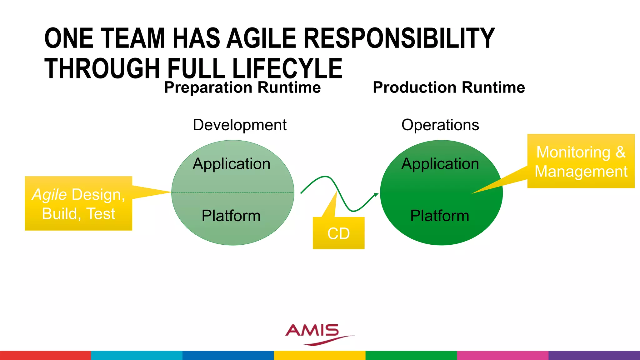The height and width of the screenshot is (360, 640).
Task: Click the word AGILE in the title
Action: click(x=261, y=38)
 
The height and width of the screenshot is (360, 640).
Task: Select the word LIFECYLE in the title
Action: click(x=287, y=68)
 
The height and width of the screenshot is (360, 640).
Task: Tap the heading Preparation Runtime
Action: click(x=242, y=87)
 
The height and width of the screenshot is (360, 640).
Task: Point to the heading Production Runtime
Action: click(x=449, y=87)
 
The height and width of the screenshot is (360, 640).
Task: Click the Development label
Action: click(x=239, y=125)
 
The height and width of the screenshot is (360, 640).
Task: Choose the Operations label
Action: click(x=440, y=125)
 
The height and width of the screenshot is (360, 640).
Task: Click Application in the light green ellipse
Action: click(x=232, y=164)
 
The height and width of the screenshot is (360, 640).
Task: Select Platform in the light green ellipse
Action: click(x=231, y=216)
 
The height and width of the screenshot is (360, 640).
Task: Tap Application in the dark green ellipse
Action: click(x=440, y=164)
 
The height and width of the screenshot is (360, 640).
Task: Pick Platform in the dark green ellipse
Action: click(x=440, y=216)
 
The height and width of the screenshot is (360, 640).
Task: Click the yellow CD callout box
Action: click(x=338, y=233)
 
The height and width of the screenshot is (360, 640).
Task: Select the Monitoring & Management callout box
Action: click(x=581, y=161)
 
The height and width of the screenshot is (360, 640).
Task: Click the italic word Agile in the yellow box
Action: click(x=49, y=195)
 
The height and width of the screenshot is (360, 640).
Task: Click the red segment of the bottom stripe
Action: click(x=45, y=355)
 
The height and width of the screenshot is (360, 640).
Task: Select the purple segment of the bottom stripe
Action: click(x=594, y=355)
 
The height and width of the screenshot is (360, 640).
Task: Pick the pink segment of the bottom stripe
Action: click(x=502, y=355)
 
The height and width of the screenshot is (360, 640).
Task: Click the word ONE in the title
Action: click(x=69, y=38)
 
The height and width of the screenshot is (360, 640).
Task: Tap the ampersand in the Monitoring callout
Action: click(x=620, y=152)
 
